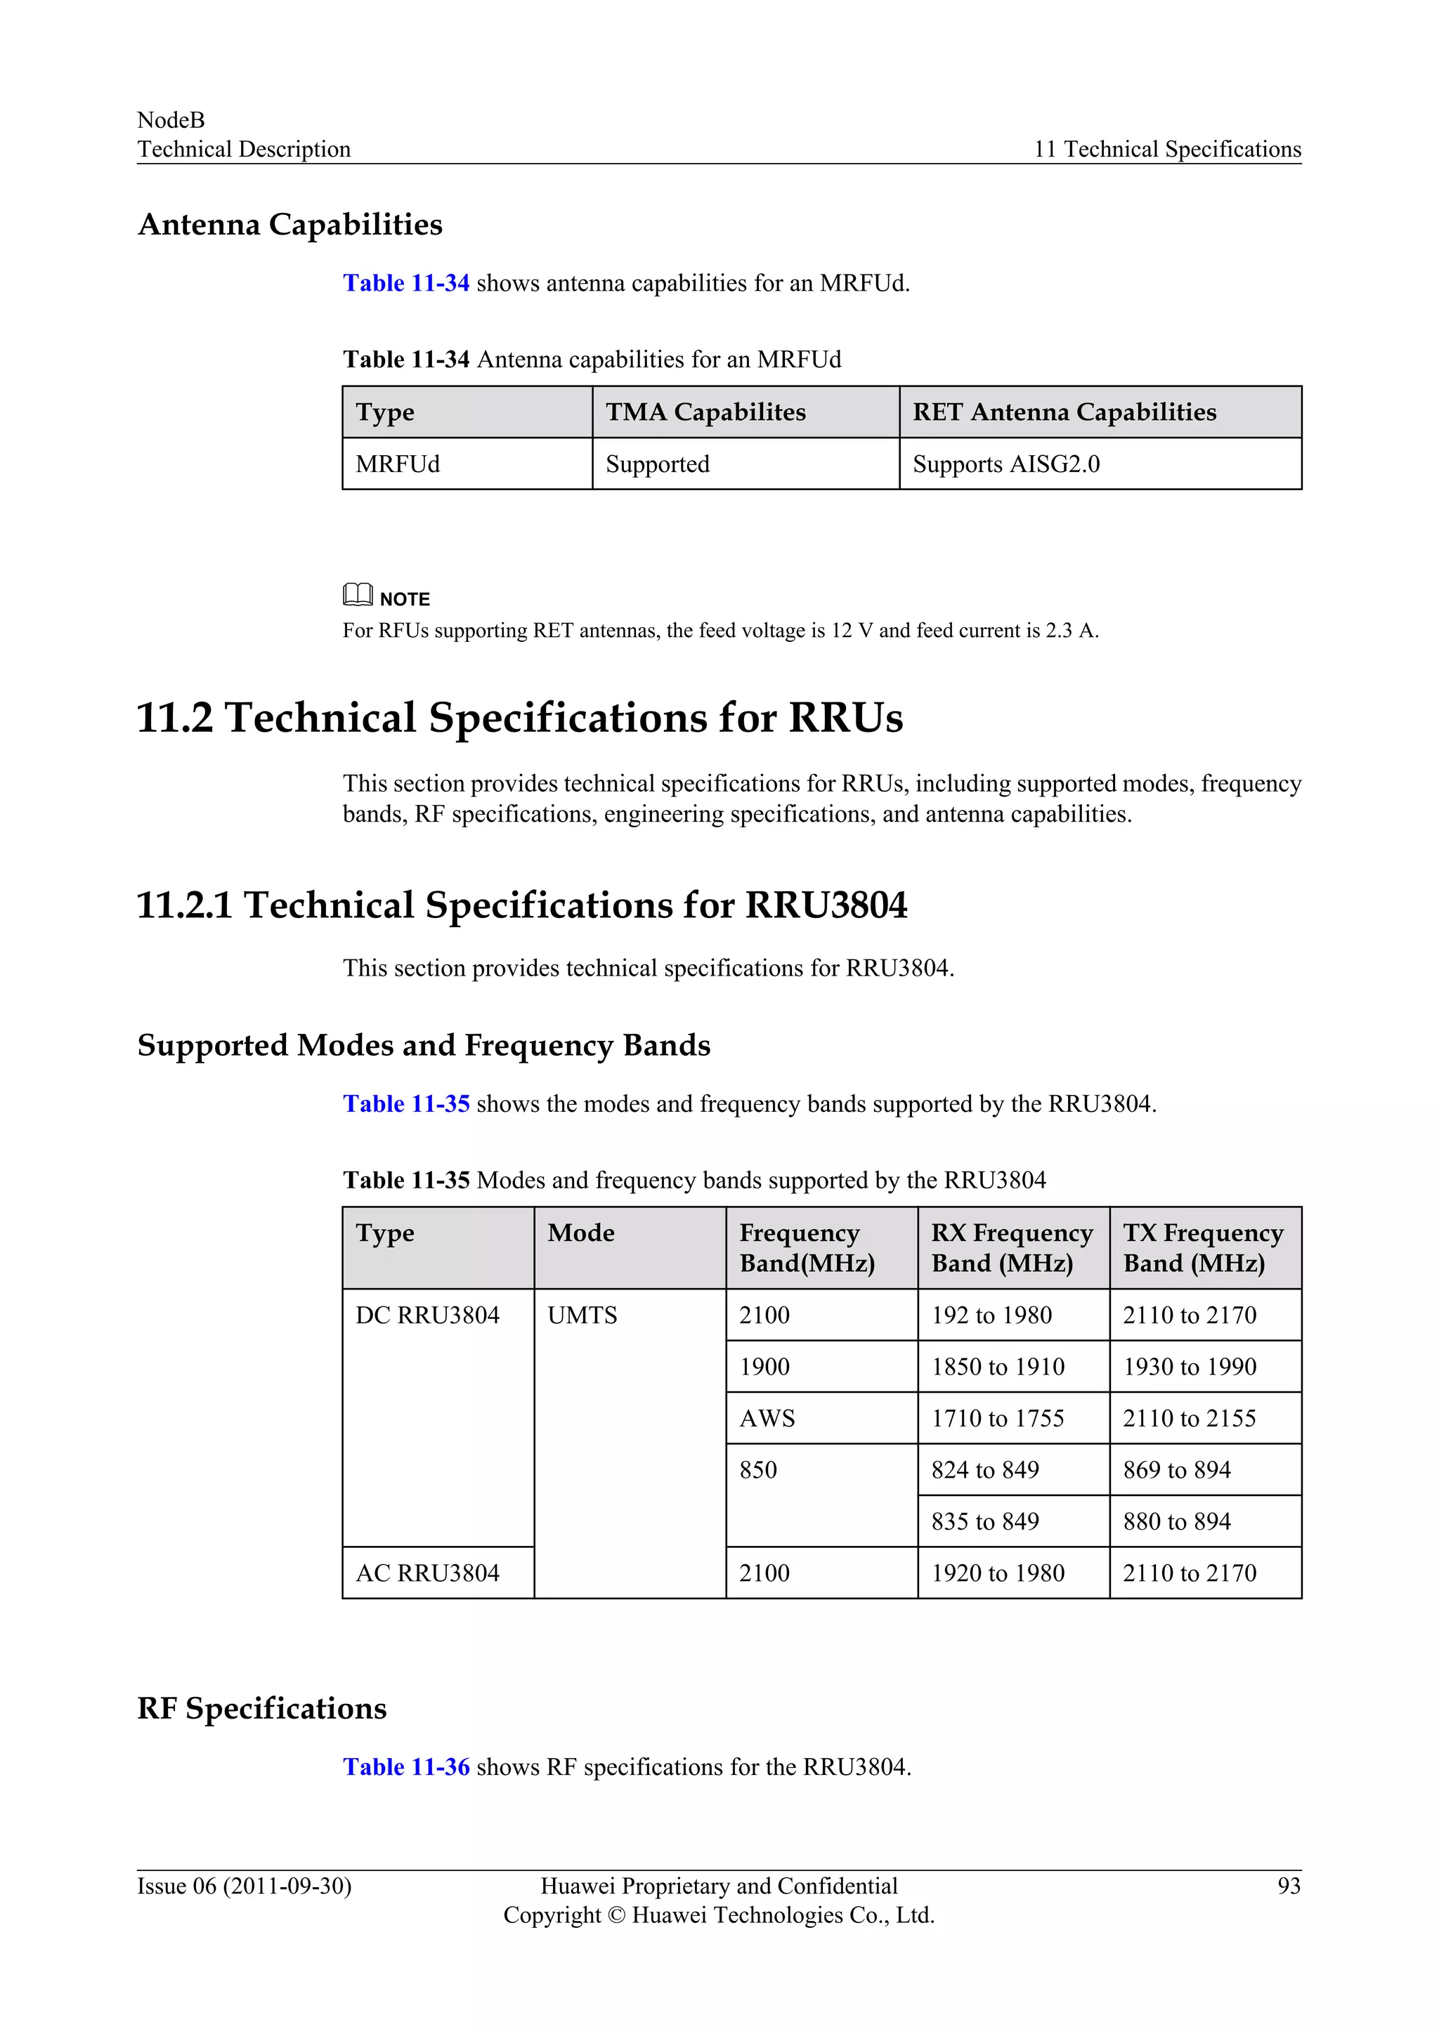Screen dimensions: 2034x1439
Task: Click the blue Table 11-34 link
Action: (406, 284)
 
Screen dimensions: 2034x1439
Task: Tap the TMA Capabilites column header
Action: (705, 412)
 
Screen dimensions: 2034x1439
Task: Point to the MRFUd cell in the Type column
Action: (397, 464)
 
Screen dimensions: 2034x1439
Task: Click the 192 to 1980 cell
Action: (991, 1315)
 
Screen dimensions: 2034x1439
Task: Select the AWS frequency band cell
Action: (767, 1418)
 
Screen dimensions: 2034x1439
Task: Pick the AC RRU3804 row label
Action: (427, 1573)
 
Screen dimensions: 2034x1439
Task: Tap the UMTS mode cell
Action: (582, 1315)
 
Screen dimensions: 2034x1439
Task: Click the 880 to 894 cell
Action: (1177, 1522)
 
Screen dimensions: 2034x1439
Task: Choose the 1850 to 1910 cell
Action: (998, 1367)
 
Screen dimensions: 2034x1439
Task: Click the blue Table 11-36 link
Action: (406, 1767)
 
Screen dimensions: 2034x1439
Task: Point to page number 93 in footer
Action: (1289, 1886)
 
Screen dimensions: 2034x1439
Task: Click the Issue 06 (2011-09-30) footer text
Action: (245, 1886)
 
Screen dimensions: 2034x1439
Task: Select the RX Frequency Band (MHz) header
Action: (1012, 1247)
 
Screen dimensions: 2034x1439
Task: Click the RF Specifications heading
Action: (262, 1708)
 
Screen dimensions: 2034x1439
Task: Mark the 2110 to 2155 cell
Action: (1189, 1418)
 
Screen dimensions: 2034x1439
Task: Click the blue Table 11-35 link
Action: (406, 1104)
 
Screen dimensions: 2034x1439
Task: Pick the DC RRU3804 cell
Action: (427, 1315)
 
